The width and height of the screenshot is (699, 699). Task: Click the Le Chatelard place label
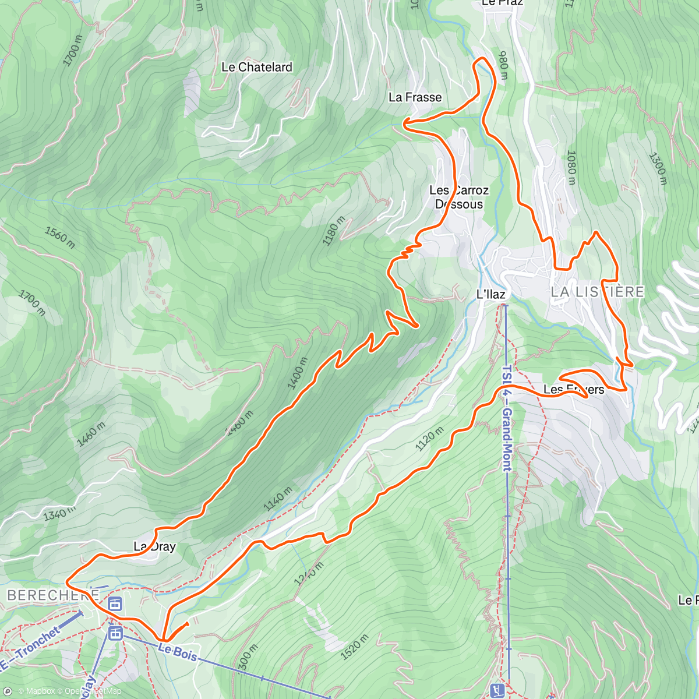pyautogui.click(x=256, y=68)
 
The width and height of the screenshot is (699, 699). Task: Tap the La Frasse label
pyautogui.click(x=415, y=97)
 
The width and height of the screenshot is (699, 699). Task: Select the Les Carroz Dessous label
pyautogui.click(x=459, y=197)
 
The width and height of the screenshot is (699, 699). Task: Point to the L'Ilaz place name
pyautogui.click(x=490, y=294)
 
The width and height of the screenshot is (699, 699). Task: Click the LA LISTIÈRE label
pyautogui.click(x=597, y=292)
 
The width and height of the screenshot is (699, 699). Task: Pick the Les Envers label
pyautogui.click(x=573, y=389)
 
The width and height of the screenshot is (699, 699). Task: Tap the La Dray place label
pyautogui.click(x=154, y=546)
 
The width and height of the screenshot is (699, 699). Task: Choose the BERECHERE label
pyautogui.click(x=52, y=595)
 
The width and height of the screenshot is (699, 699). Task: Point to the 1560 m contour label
pyautogui.click(x=59, y=238)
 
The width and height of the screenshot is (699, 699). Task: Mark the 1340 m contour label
pyautogui.click(x=59, y=513)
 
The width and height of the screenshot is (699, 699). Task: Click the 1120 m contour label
pyautogui.click(x=429, y=439)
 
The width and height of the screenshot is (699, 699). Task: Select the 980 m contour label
pyautogui.click(x=503, y=65)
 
